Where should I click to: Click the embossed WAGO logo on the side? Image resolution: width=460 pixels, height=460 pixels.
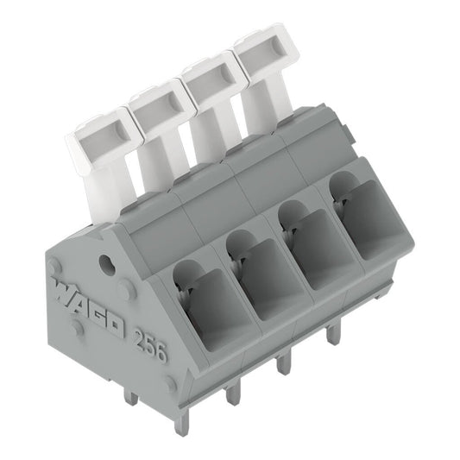pos(86,306)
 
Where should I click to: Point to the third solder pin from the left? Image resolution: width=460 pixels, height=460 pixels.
pos(281,366)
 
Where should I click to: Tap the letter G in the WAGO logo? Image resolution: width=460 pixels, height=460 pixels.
pos(98,312)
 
